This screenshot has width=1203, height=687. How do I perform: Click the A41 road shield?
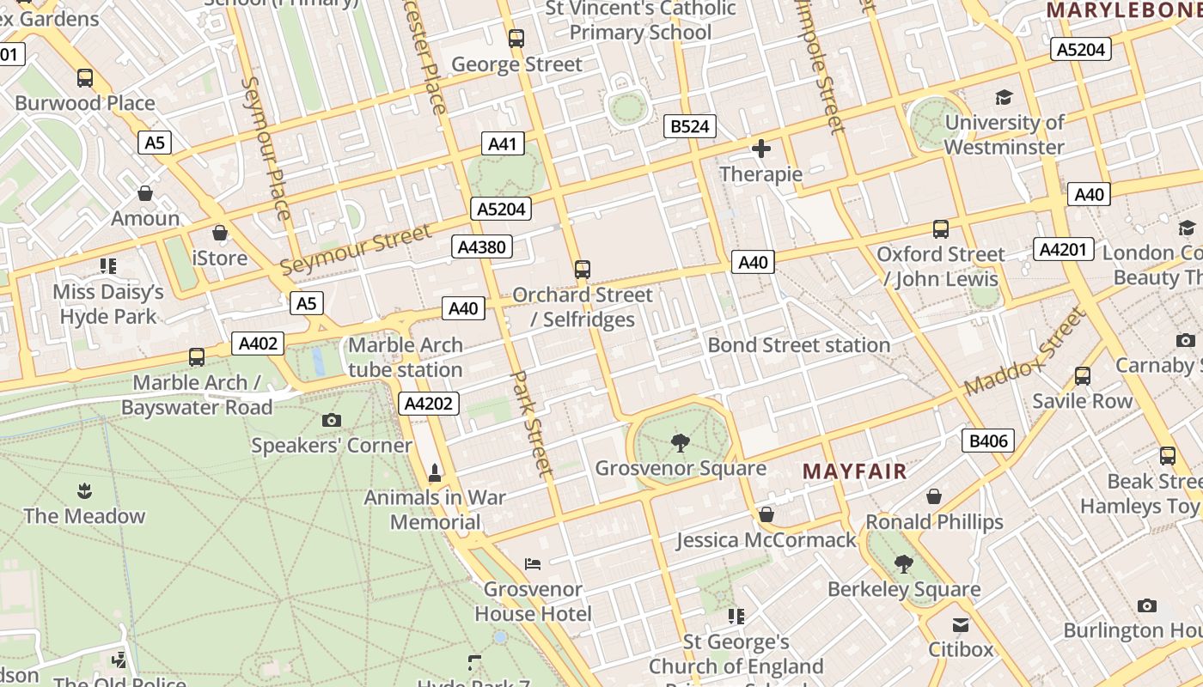click(x=502, y=143)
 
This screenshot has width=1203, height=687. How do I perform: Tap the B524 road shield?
click(x=689, y=127)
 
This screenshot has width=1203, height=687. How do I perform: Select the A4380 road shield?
click(x=482, y=247)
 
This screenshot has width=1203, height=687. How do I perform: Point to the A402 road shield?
click(x=258, y=344)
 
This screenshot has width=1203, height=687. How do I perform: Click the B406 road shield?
click(x=987, y=441)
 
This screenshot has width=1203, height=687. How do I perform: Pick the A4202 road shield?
click(x=429, y=404)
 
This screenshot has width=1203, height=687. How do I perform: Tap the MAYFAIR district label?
click(x=854, y=471)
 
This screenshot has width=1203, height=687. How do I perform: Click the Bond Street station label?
click(x=798, y=345)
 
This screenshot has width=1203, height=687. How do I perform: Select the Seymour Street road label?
click(x=356, y=249)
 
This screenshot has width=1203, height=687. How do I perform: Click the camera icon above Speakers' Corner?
click(x=331, y=420)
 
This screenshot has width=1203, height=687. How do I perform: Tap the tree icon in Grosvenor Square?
click(x=680, y=443)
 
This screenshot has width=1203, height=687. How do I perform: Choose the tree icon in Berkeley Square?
click(x=903, y=564)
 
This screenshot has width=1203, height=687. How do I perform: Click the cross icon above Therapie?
click(x=760, y=149)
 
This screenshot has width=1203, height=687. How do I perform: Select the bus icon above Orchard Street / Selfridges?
click(x=583, y=270)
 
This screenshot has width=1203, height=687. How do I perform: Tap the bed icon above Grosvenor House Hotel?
click(x=533, y=564)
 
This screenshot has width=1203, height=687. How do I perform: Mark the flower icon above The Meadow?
click(x=84, y=491)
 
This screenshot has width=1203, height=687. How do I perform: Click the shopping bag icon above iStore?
click(x=220, y=233)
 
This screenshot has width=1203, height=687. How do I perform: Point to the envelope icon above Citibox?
click(x=960, y=625)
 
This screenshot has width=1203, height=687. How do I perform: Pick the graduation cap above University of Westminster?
click(x=1004, y=97)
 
